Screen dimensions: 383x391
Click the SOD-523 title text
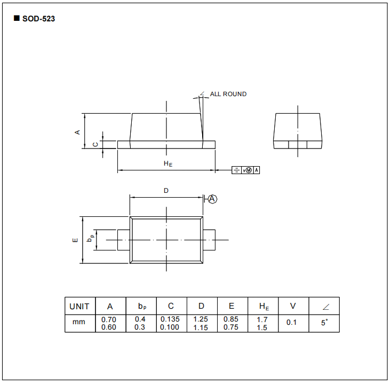click(x=38, y=19)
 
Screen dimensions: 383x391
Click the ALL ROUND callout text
click(x=228, y=94)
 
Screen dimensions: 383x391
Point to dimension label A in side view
click(x=77, y=131)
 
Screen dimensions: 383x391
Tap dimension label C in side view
click(x=95, y=144)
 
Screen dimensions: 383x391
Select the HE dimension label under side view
click(x=167, y=163)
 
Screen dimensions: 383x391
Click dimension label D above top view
click(x=166, y=191)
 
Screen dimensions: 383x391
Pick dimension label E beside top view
click(x=75, y=240)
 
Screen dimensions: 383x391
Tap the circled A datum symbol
click(x=212, y=199)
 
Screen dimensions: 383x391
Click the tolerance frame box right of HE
click(x=246, y=170)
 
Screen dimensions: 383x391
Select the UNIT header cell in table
click(x=79, y=306)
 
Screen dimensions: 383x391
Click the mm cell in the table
click(x=79, y=323)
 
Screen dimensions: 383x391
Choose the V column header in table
click(x=293, y=306)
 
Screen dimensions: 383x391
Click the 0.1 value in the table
click(x=292, y=323)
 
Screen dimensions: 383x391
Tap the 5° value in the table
click(x=324, y=323)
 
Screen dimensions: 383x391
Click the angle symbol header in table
click(x=324, y=307)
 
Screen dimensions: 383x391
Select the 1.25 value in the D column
click(x=201, y=319)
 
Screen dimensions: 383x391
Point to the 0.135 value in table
click(x=170, y=319)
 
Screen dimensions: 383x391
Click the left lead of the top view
click(x=123, y=240)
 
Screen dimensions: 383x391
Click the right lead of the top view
click(x=209, y=240)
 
